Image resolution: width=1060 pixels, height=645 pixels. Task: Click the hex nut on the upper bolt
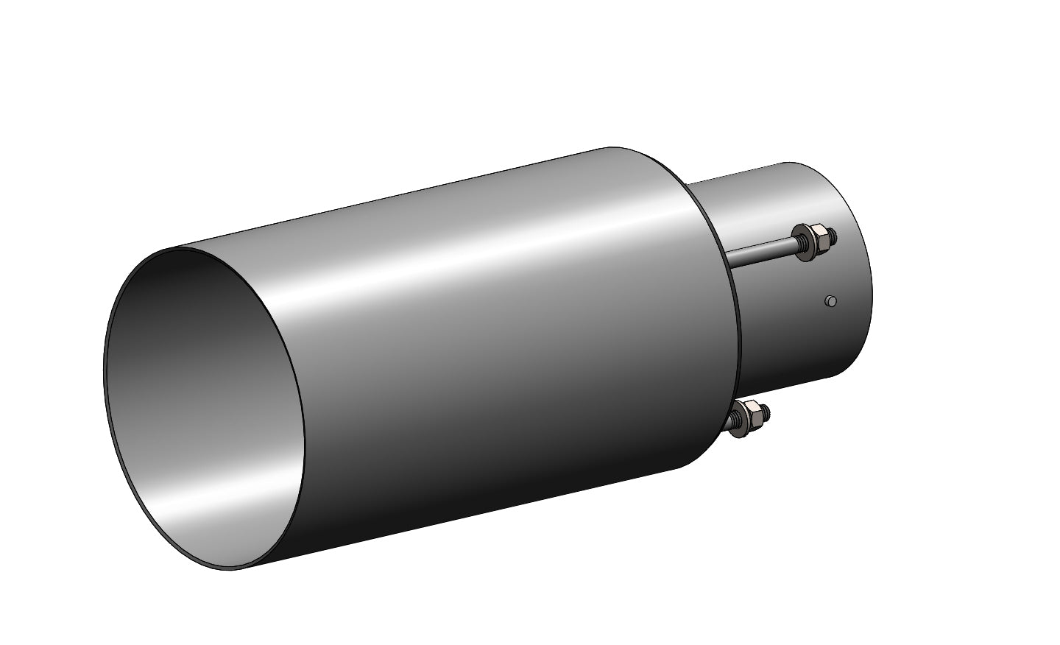[819, 236]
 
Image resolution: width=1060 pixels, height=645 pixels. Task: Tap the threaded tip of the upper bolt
[832, 235]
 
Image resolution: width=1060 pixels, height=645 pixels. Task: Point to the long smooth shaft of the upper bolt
[758, 251]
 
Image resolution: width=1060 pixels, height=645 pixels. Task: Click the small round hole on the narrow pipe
[831, 300]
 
